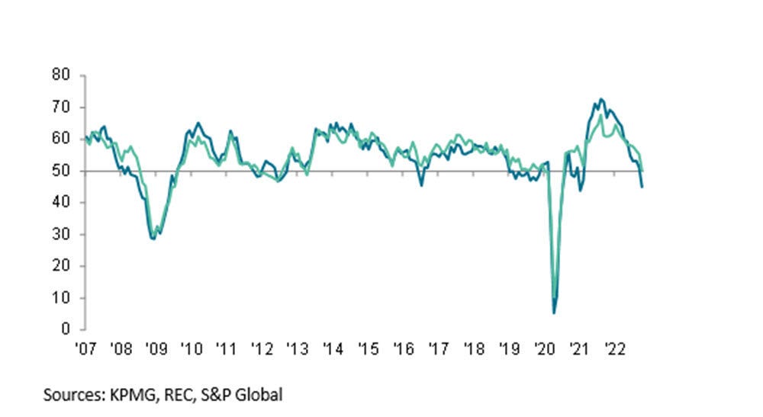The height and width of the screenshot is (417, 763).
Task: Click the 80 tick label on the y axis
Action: (62, 75)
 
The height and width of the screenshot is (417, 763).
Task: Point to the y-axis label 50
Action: (62, 171)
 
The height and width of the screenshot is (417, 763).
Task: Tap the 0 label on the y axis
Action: (66, 329)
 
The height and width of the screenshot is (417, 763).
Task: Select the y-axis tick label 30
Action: (62, 234)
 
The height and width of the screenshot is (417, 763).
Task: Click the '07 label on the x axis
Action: (85, 350)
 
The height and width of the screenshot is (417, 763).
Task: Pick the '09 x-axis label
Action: (156, 350)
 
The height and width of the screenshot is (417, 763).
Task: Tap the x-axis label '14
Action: (333, 350)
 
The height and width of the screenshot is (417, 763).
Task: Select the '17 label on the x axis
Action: (439, 350)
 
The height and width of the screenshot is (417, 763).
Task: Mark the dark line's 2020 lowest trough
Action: (554, 313)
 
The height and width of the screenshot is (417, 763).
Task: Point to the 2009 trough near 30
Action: (153, 239)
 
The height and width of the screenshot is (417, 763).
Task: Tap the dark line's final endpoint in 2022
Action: (642, 187)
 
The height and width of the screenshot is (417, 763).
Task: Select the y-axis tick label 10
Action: (62, 297)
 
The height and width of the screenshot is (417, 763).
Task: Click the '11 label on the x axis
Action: (227, 350)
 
